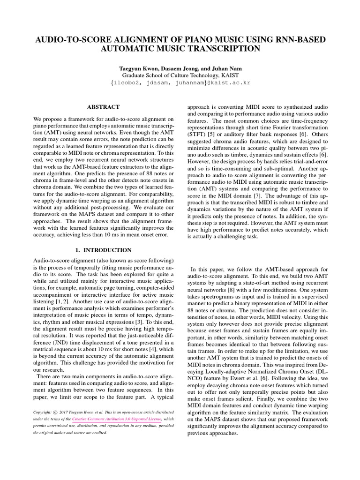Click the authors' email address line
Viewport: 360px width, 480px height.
[x=180, y=83]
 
